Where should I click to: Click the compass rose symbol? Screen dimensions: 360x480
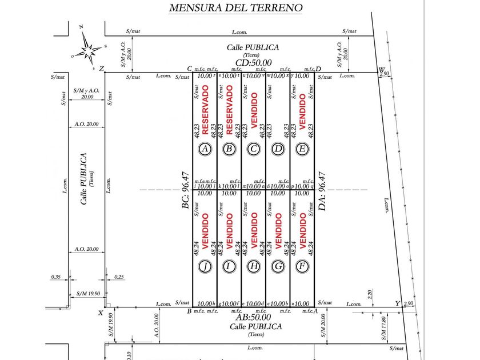[x=89, y=46]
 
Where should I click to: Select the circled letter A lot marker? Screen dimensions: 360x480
[x=205, y=150]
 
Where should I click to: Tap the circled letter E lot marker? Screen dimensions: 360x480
[x=303, y=150]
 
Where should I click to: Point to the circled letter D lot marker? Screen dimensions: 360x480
[x=278, y=150]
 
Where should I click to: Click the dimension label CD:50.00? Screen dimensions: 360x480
[x=253, y=63]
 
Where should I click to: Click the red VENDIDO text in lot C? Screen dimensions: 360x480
[x=254, y=110]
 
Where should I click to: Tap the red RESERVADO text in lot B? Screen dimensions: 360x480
[x=229, y=110]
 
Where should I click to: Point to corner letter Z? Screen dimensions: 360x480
[x=101, y=69]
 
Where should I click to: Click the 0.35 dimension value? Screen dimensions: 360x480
[x=55, y=277]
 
